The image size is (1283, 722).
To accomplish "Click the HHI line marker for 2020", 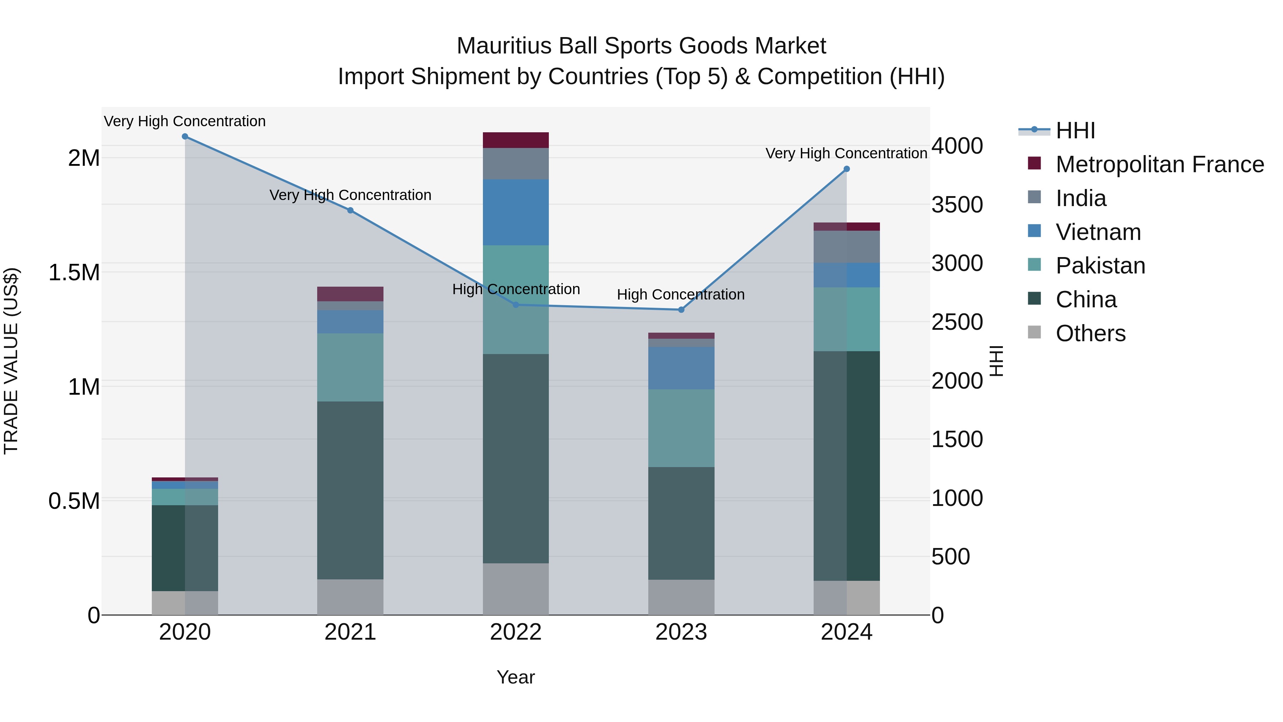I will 185,137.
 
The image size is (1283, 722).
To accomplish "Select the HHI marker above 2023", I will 681,310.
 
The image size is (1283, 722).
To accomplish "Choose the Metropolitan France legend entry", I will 1159,164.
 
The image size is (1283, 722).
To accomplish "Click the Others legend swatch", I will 1035,332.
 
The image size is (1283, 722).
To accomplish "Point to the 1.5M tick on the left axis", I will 74,272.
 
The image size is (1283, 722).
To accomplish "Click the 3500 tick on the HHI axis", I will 957,205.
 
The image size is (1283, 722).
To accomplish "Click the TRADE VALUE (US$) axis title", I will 11,361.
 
